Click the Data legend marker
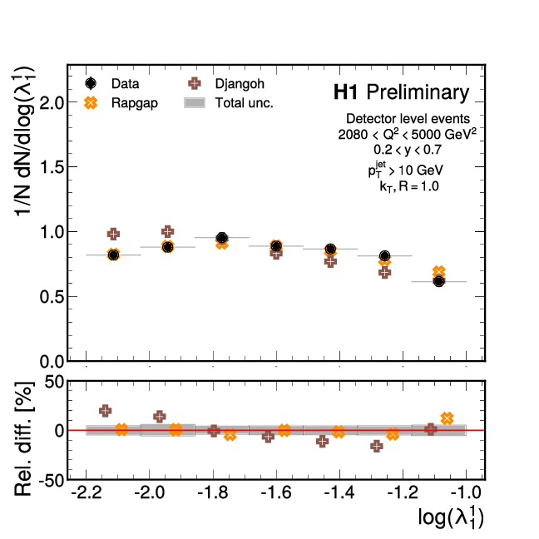91,83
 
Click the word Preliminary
418,91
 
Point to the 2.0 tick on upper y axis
52,103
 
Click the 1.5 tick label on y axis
52,168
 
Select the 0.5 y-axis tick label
52,297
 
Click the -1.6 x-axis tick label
274,495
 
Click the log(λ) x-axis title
451,518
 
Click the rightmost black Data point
438,281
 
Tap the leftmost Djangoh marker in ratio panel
106,411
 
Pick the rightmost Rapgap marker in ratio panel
447,418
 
